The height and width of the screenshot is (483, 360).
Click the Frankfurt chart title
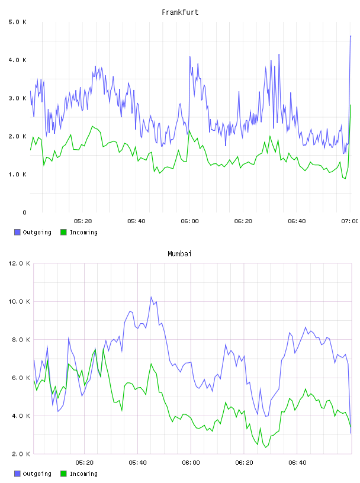(x=180, y=12)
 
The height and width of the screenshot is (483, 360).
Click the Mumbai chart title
(x=179, y=254)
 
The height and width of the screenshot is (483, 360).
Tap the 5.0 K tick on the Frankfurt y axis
(x=17, y=22)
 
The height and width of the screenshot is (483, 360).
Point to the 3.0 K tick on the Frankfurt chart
(x=17, y=98)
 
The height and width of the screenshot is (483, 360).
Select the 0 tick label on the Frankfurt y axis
(x=24, y=212)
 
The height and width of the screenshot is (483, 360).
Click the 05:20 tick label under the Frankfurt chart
(x=83, y=221)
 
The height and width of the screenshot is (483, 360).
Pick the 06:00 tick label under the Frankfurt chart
(x=190, y=221)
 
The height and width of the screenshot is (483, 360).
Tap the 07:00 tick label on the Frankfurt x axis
(x=350, y=221)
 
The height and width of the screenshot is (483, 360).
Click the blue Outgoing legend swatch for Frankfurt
(x=17, y=232)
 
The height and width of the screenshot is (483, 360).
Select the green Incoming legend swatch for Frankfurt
(x=63, y=232)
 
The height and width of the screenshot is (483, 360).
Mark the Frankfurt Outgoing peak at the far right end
(x=351, y=36)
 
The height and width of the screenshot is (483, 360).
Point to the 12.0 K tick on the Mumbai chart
(x=19, y=263)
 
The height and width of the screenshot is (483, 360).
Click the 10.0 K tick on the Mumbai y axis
(x=19, y=301)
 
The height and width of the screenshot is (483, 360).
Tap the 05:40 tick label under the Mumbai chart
(x=138, y=463)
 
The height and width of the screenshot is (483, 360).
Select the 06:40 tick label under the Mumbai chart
(x=297, y=463)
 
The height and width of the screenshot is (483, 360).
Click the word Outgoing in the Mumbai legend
(x=37, y=474)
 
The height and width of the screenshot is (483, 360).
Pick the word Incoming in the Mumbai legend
(x=83, y=474)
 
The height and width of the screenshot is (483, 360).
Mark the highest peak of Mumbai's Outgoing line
(x=151, y=297)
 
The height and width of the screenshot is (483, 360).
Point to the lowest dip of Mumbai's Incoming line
(x=266, y=447)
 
